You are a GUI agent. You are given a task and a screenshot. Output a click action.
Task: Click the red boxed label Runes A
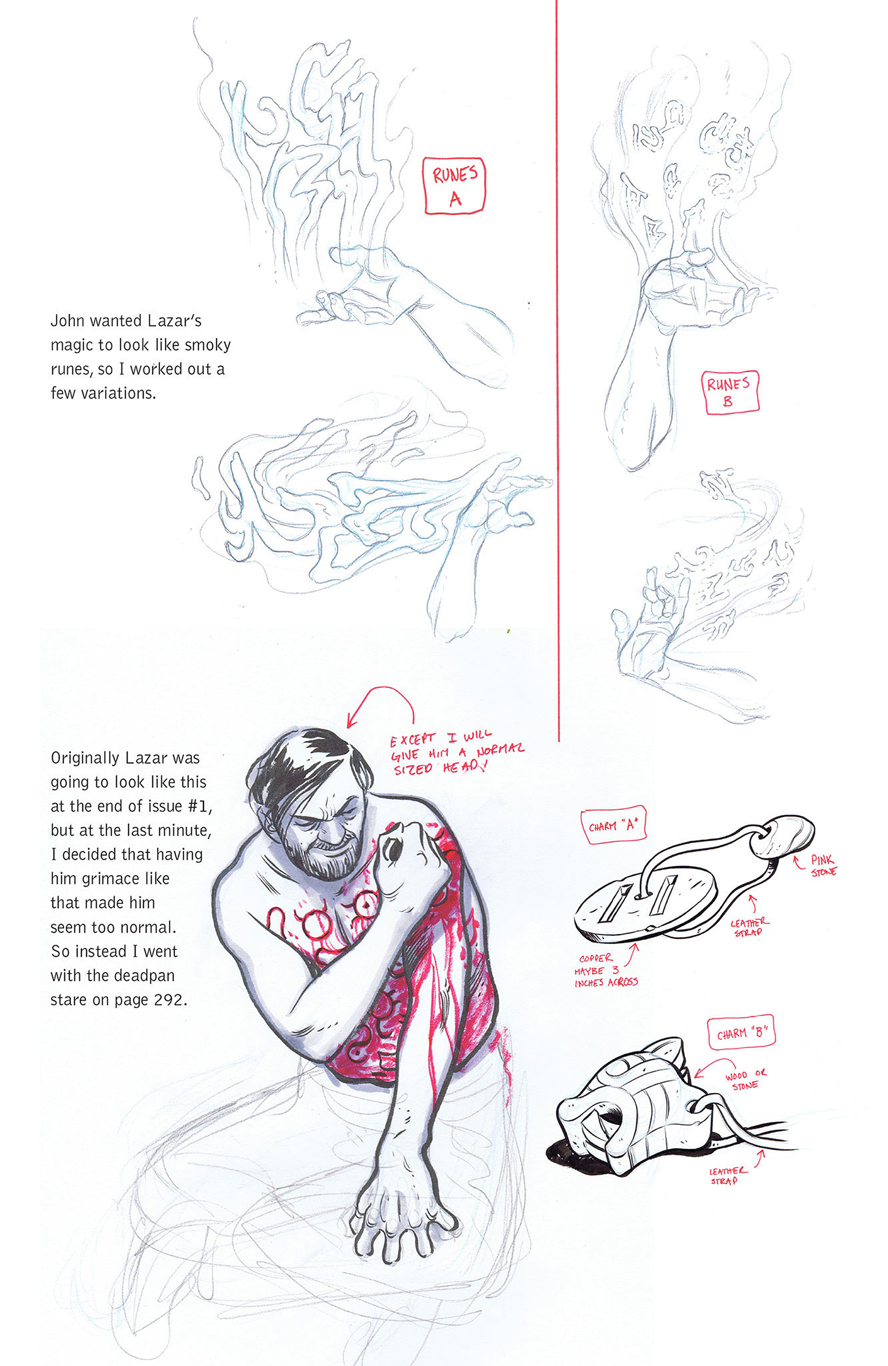(454, 186)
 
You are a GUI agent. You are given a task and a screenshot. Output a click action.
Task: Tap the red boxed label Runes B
(730, 392)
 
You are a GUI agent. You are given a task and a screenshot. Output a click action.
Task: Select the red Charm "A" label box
(614, 826)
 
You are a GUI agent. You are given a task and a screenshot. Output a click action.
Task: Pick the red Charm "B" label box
(741, 1033)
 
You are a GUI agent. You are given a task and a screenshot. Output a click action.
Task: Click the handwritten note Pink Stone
(823, 865)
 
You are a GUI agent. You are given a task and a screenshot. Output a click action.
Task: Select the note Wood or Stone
(745, 1079)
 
